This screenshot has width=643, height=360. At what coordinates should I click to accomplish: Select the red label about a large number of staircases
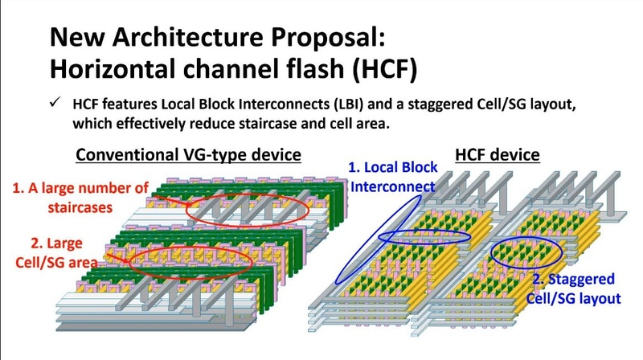click(80, 198)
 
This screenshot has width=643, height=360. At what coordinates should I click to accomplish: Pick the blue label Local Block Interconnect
click(393, 177)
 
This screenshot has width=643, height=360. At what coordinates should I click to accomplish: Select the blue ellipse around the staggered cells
click(523, 254)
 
